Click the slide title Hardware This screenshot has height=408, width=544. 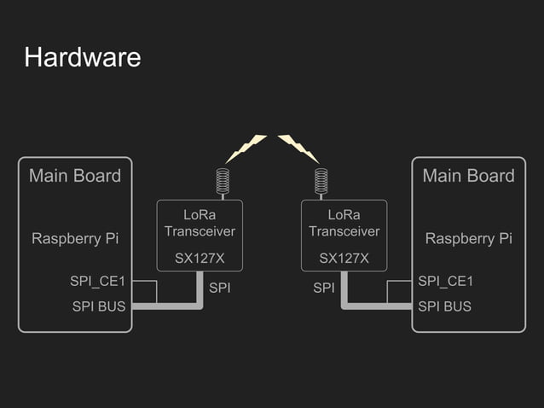click(x=82, y=58)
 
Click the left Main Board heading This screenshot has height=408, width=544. click(x=75, y=176)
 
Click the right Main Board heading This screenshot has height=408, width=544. click(x=468, y=176)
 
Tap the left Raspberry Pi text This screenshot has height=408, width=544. click(x=75, y=238)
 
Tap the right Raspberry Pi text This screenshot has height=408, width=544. click(x=468, y=238)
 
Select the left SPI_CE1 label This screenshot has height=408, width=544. click(x=98, y=281)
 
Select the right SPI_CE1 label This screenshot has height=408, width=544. click(x=445, y=281)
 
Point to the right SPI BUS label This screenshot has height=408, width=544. click(x=444, y=306)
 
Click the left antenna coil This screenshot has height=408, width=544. click(x=223, y=181)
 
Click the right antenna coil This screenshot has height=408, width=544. click(x=321, y=181)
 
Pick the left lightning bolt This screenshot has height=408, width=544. click(x=246, y=149)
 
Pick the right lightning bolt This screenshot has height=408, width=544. click(x=298, y=149)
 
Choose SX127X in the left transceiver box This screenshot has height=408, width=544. click(x=200, y=258)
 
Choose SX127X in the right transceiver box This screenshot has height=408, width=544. click(x=344, y=258)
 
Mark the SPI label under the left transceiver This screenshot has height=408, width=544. click(x=220, y=289)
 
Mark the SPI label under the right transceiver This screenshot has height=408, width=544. click(x=324, y=289)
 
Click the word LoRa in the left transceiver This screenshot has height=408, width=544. click(x=200, y=215)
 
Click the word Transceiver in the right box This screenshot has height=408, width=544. click(x=344, y=231)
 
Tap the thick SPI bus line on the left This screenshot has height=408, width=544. click(x=167, y=306)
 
